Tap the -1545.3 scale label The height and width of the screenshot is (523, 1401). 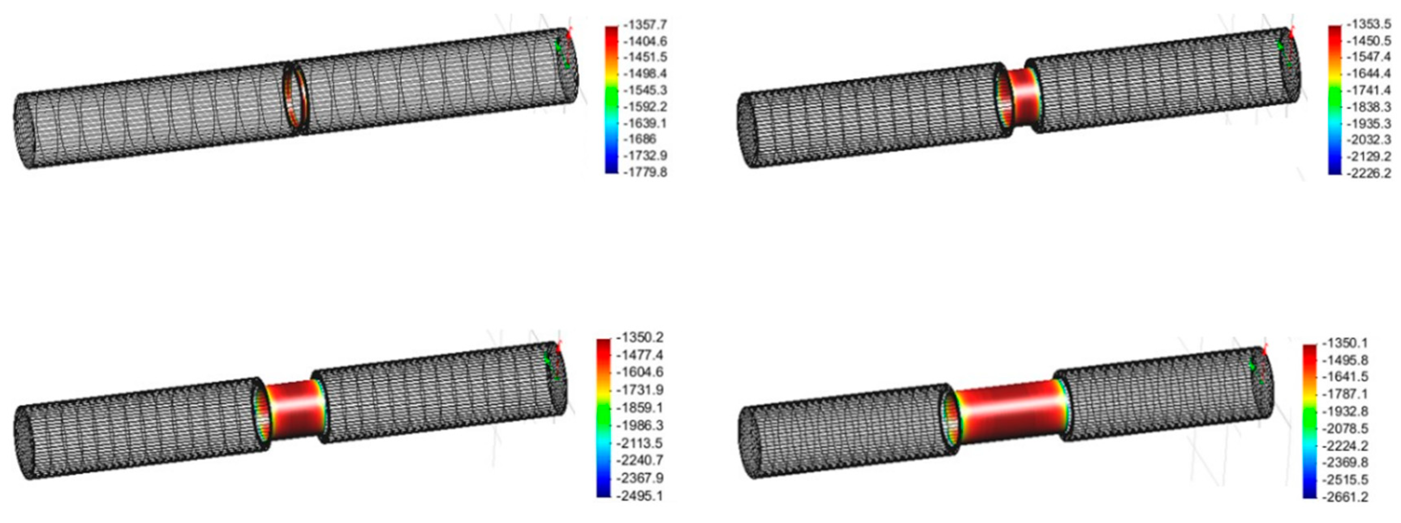(x=646, y=90)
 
